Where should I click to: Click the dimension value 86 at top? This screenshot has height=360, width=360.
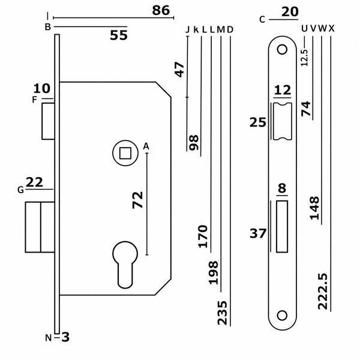pos(161,11)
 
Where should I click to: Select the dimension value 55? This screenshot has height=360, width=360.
pos(119,35)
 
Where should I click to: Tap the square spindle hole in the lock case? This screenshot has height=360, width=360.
pos(125,153)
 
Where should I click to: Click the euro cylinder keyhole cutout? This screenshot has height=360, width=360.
pos(125,265)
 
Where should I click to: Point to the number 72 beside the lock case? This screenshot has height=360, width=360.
pos(138,200)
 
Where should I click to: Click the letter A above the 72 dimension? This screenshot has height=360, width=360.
pos(146,146)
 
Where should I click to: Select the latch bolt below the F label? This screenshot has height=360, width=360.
pos(48,121)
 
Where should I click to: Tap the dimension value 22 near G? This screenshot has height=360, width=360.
pos(34,182)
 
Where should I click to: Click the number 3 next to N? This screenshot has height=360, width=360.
pos(65,337)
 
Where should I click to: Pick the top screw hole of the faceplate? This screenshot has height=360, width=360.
pos(282,50)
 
